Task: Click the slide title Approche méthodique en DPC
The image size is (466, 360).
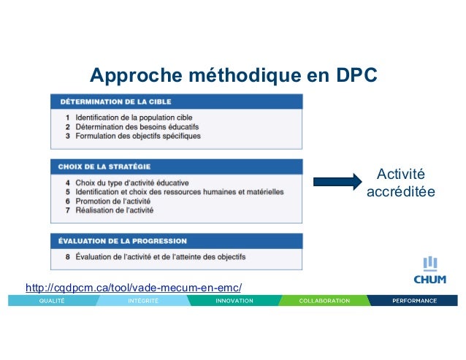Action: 232,76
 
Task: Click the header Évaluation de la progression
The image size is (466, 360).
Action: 123,240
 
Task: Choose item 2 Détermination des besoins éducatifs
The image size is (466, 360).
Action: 142,126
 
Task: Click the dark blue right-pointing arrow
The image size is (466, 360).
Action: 337,181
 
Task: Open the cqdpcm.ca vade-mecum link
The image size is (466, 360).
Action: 133,287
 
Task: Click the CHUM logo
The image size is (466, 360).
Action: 430,271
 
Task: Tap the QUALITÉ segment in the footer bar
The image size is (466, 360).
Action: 52,300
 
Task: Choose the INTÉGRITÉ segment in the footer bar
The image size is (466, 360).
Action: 144,300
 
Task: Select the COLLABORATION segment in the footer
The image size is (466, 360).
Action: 324,300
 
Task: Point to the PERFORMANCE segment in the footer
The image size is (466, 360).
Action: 414,300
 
